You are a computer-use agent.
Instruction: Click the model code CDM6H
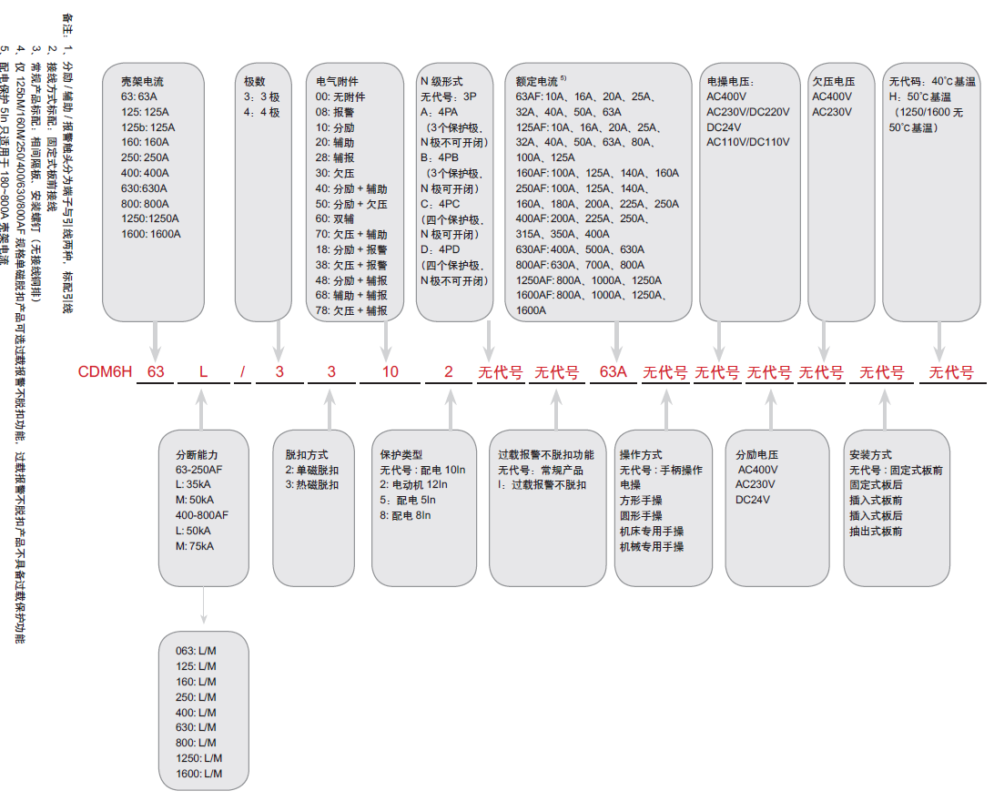click(106, 372)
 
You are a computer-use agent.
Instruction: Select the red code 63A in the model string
click(614, 372)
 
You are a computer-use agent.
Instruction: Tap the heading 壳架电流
click(143, 81)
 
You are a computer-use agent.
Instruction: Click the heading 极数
click(255, 81)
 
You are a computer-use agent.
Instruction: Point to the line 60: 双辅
click(337, 218)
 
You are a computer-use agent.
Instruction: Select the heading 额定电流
click(537, 81)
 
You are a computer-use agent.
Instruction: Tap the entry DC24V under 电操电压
click(725, 127)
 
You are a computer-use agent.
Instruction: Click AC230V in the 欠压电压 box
click(832, 111)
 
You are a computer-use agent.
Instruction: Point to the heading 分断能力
click(198, 454)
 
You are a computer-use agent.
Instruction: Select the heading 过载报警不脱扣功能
click(546, 454)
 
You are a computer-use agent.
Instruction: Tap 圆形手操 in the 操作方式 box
click(641, 515)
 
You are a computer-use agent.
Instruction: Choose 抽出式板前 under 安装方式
click(876, 531)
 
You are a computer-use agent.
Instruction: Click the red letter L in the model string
click(204, 372)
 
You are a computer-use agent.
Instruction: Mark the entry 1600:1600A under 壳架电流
click(151, 234)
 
